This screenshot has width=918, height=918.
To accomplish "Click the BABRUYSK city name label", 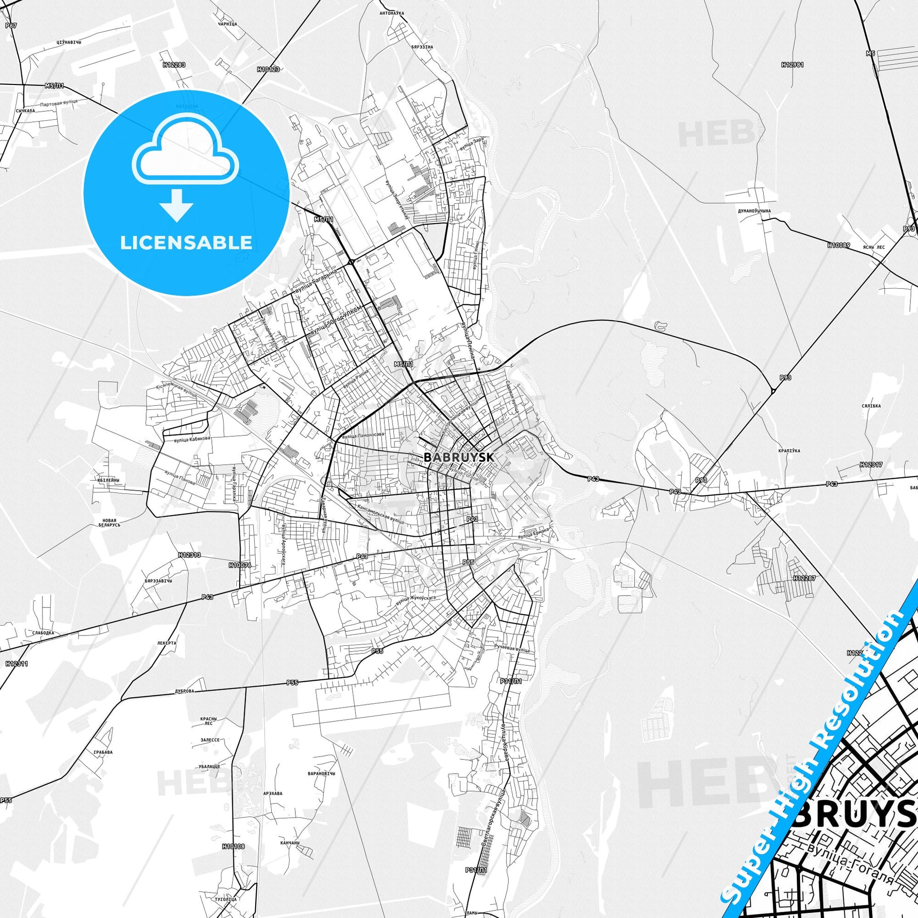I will click(459, 457).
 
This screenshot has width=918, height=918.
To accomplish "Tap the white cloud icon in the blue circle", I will click(186, 153).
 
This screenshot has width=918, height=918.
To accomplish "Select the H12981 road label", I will click(792, 65).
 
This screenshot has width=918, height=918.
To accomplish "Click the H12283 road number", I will click(174, 65).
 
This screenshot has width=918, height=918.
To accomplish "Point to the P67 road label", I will click(10, 25).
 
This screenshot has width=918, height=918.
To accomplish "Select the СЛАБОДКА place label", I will click(44, 633).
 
